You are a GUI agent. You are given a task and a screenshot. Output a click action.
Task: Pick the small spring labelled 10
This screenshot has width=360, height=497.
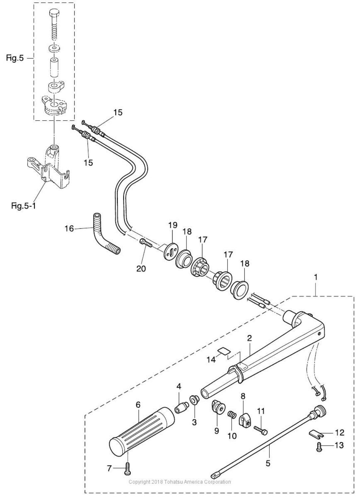232,415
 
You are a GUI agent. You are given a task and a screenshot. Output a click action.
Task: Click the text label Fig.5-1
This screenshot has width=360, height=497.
24,206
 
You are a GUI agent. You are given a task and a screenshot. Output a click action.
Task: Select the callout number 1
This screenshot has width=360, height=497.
316,277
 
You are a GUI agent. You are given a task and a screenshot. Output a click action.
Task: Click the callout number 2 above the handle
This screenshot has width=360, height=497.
250,338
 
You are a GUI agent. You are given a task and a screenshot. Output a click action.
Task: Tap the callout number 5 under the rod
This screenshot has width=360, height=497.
268,463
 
